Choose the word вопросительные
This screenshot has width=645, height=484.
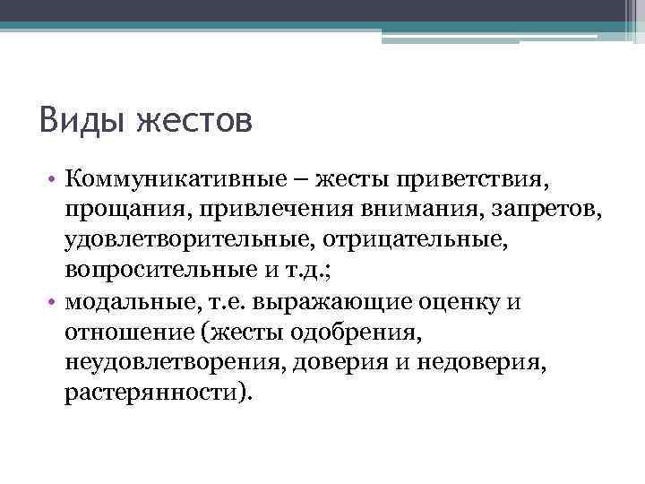click(150, 269)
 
